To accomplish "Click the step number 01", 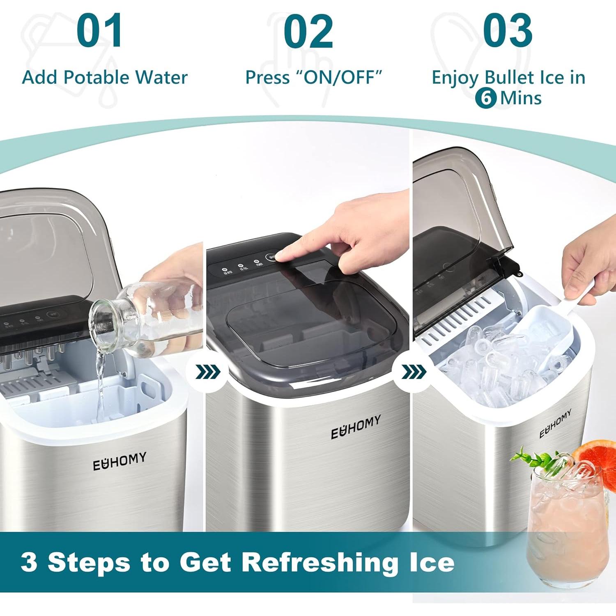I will tap(99, 31).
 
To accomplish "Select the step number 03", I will tap(508, 31).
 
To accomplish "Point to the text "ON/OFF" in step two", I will tap(339, 77).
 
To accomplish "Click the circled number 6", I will tap(486, 98).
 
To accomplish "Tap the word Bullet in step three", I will tap(510, 77).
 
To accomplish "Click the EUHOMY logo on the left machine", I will tap(119, 461).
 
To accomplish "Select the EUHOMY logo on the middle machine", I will tap(356, 427).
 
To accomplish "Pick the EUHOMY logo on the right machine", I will tap(555, 423).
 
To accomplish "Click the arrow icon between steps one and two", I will tap(208, 372).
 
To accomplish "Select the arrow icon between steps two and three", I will tap(414, 372).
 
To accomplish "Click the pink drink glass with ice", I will tap(567, 526).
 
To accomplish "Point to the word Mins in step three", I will tap(520, 98).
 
